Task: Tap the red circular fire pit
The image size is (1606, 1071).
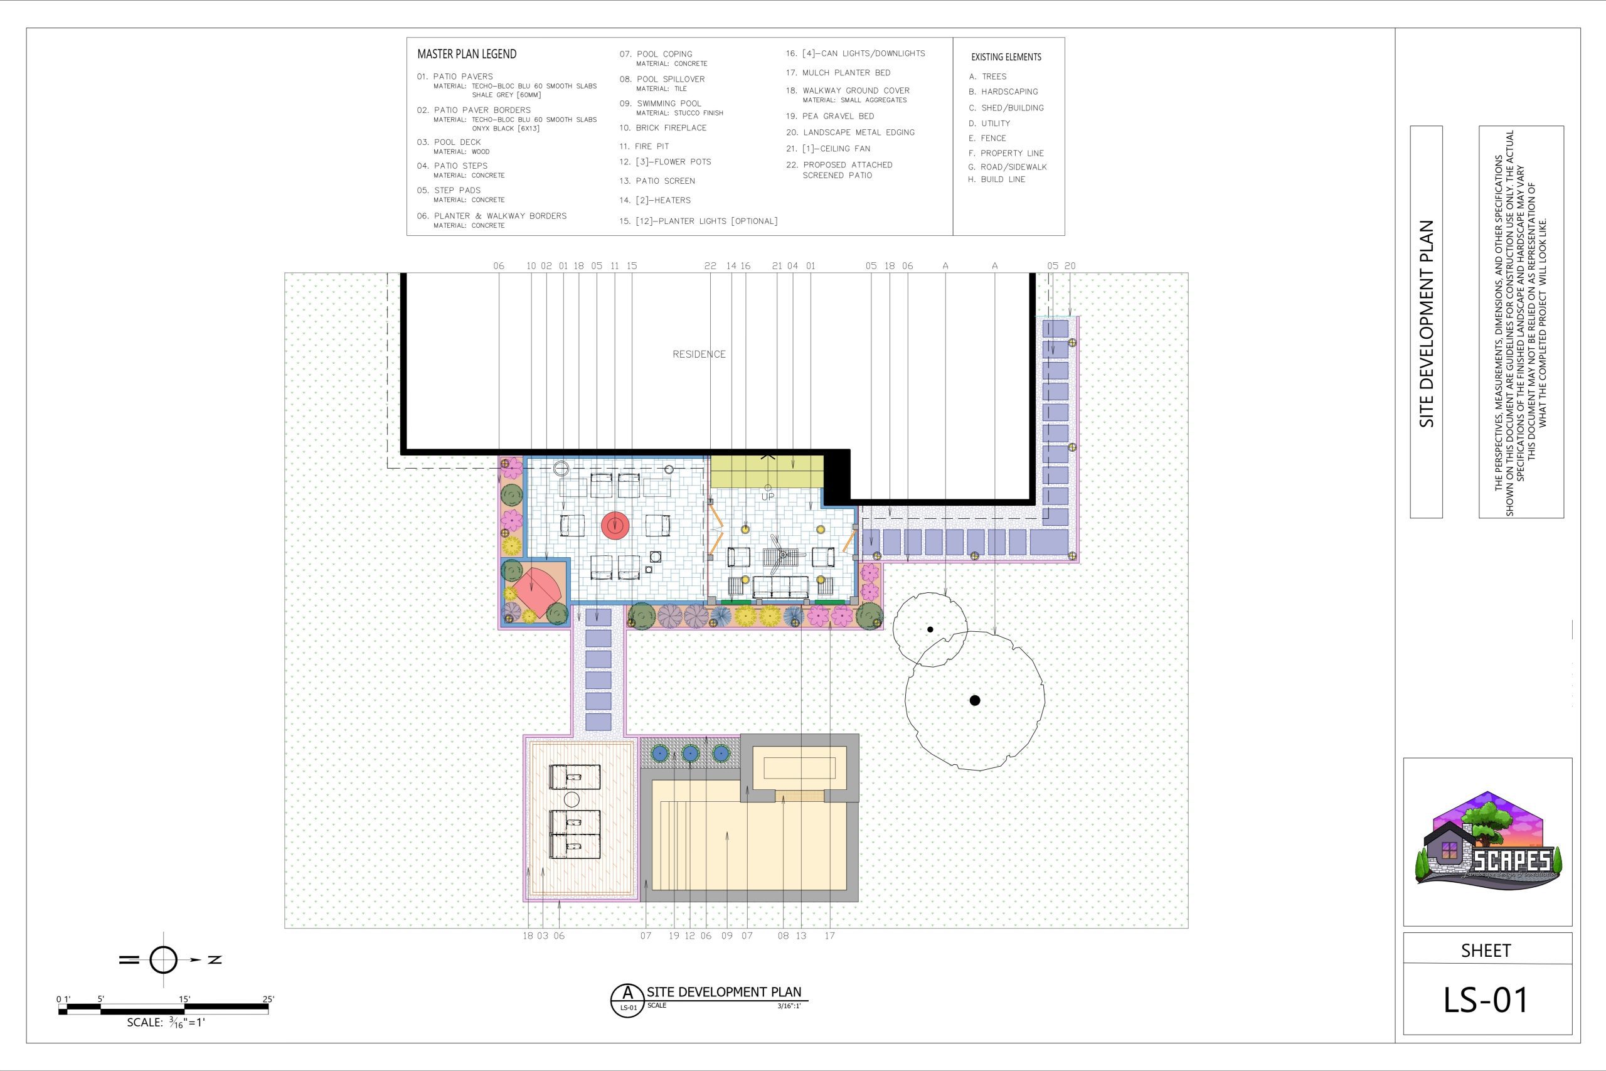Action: point(616,525)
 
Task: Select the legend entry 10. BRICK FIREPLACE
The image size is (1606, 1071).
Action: point(662,128)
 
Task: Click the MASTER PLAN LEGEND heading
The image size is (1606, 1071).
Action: point(466,54)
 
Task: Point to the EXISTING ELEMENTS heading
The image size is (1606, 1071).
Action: point(1006,57)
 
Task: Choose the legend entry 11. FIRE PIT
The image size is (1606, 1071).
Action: point(644,146)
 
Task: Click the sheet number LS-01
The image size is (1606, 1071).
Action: point(1485,999)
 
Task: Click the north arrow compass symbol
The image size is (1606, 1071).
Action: point(163,960)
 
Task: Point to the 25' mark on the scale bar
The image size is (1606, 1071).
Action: point(269,999)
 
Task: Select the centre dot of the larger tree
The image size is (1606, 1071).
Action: point(974,700)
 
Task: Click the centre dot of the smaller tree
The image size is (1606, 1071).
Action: point(930,629)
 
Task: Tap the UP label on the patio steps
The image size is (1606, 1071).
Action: point(767,496)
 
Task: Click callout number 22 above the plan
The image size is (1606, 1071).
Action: point(710,265)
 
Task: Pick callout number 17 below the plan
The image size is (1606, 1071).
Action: point(829,935)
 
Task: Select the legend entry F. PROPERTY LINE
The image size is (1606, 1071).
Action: point(1006,153)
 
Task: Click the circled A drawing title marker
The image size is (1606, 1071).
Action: point(627,1001)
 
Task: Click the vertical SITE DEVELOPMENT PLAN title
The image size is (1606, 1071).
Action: point(1426,324)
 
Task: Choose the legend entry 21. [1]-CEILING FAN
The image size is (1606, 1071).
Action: point(827,148)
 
